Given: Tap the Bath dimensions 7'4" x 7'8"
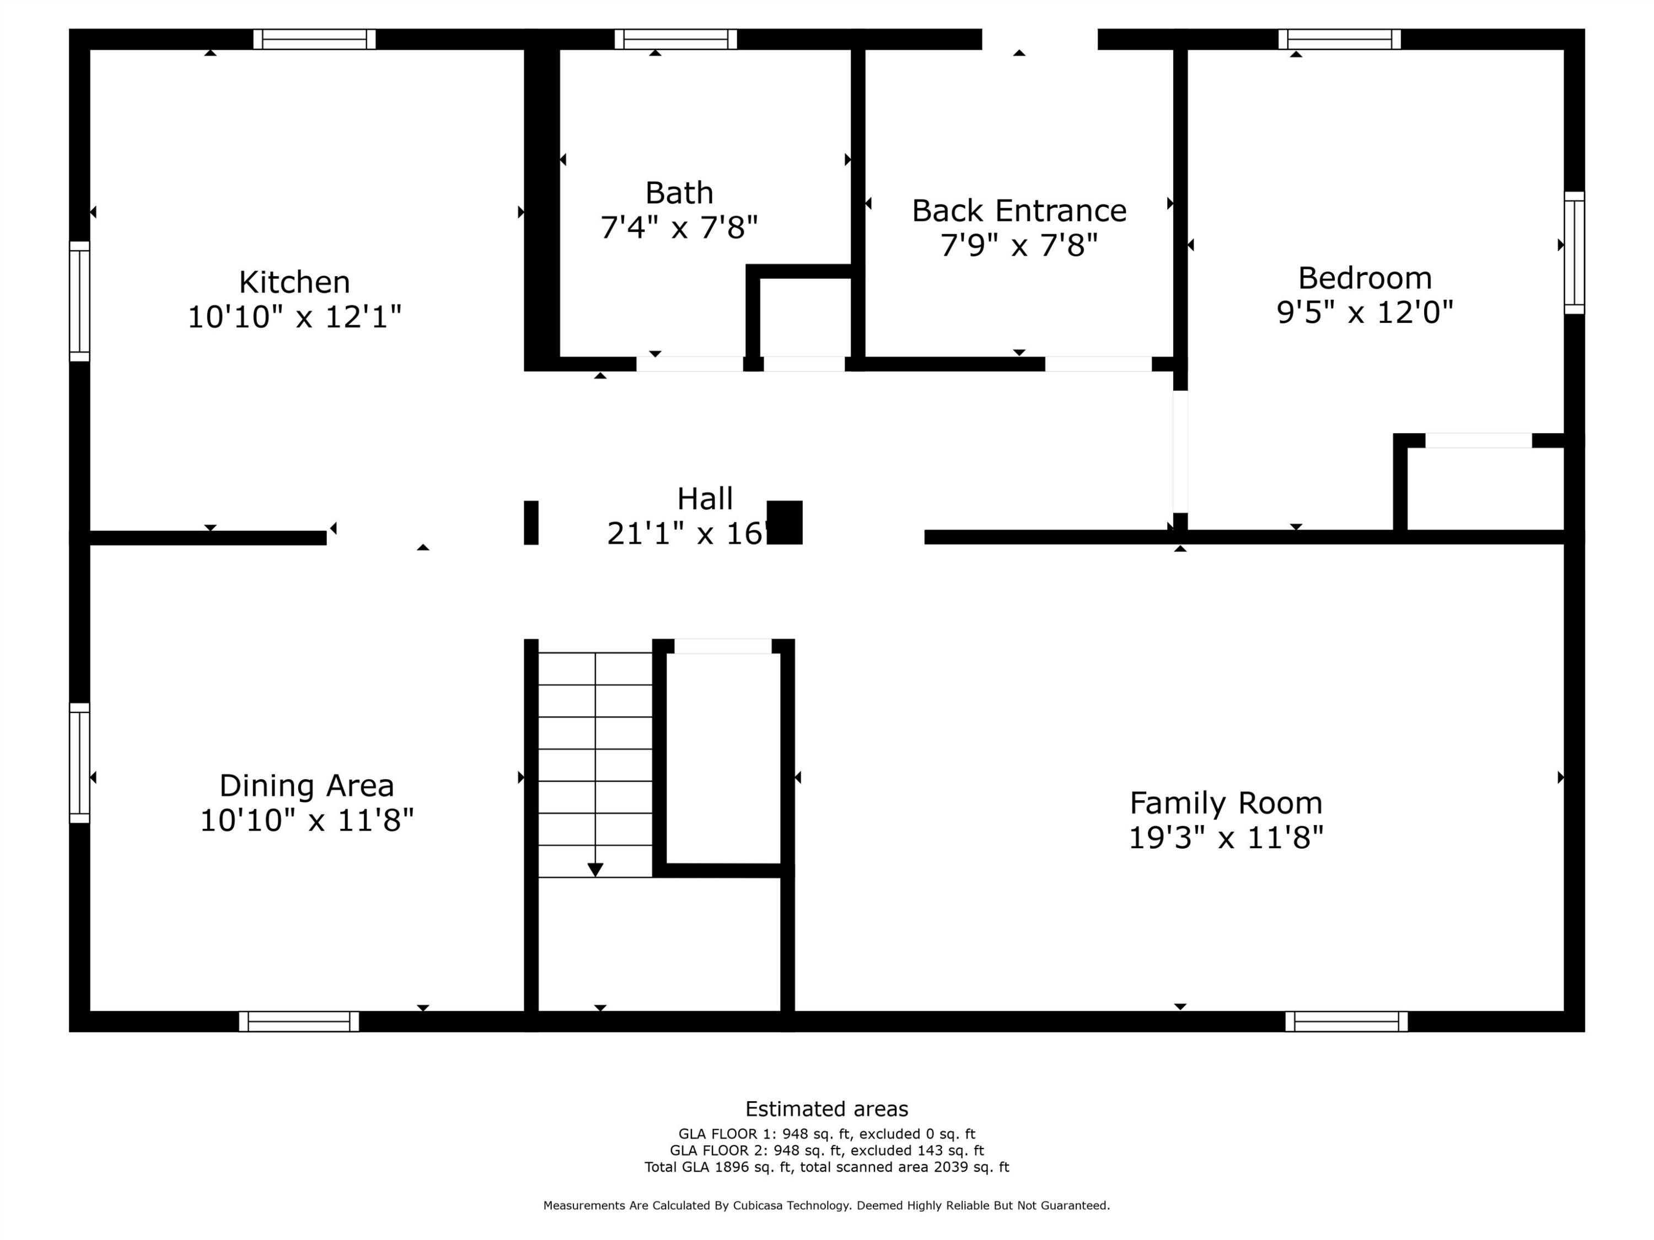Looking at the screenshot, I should [679, 227].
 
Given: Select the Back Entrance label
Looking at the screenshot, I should [1018, 211].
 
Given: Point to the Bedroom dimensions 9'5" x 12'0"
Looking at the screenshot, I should [1365, 312].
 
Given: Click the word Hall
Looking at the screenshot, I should [705, 499].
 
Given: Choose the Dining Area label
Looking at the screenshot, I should [307, 785].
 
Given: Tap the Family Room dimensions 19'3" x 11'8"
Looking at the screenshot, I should [1226, 837].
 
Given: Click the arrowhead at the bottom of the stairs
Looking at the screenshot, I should [595, 869].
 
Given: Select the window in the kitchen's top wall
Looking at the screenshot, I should [314, 39].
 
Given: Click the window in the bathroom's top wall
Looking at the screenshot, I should [675, 39].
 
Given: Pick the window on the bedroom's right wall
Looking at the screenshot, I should [1574, 252].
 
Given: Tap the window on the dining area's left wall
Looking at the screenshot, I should [79, 762].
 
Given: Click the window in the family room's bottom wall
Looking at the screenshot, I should [1346, 1021].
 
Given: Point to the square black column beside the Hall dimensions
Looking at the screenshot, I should [785, 522].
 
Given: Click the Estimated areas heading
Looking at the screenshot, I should [826, 1108].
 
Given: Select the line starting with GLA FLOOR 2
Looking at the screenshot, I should [826, 1150].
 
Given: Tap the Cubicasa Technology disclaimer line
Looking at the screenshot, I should [826, 1205].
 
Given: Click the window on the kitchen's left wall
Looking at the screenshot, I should [79, 301].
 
